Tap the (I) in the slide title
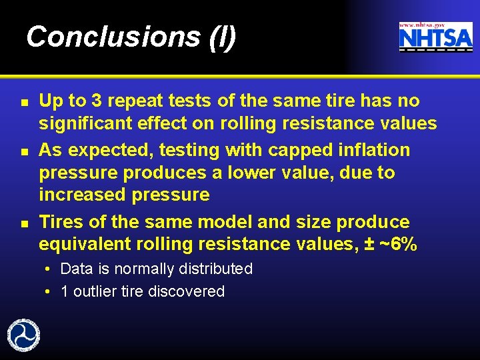pyautogui.click(x=222, y=37)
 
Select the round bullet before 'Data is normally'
pyautogui.click(x=50, y=269)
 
